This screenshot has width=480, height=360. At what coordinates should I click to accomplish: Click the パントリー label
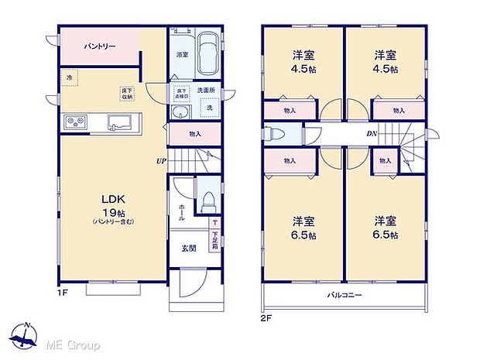(101, 47)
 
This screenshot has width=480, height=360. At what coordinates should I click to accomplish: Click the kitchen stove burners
(77, 122)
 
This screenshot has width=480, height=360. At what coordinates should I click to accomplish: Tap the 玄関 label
(189, 249)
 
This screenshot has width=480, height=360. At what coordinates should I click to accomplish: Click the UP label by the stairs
(160, 162)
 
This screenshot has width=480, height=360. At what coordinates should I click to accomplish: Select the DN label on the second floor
(372, 134)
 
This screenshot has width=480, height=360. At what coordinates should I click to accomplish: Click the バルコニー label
(345, 296)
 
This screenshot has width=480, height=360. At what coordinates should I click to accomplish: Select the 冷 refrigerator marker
(68, 78)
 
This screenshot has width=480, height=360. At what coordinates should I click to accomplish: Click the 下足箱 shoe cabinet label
(214, 240)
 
